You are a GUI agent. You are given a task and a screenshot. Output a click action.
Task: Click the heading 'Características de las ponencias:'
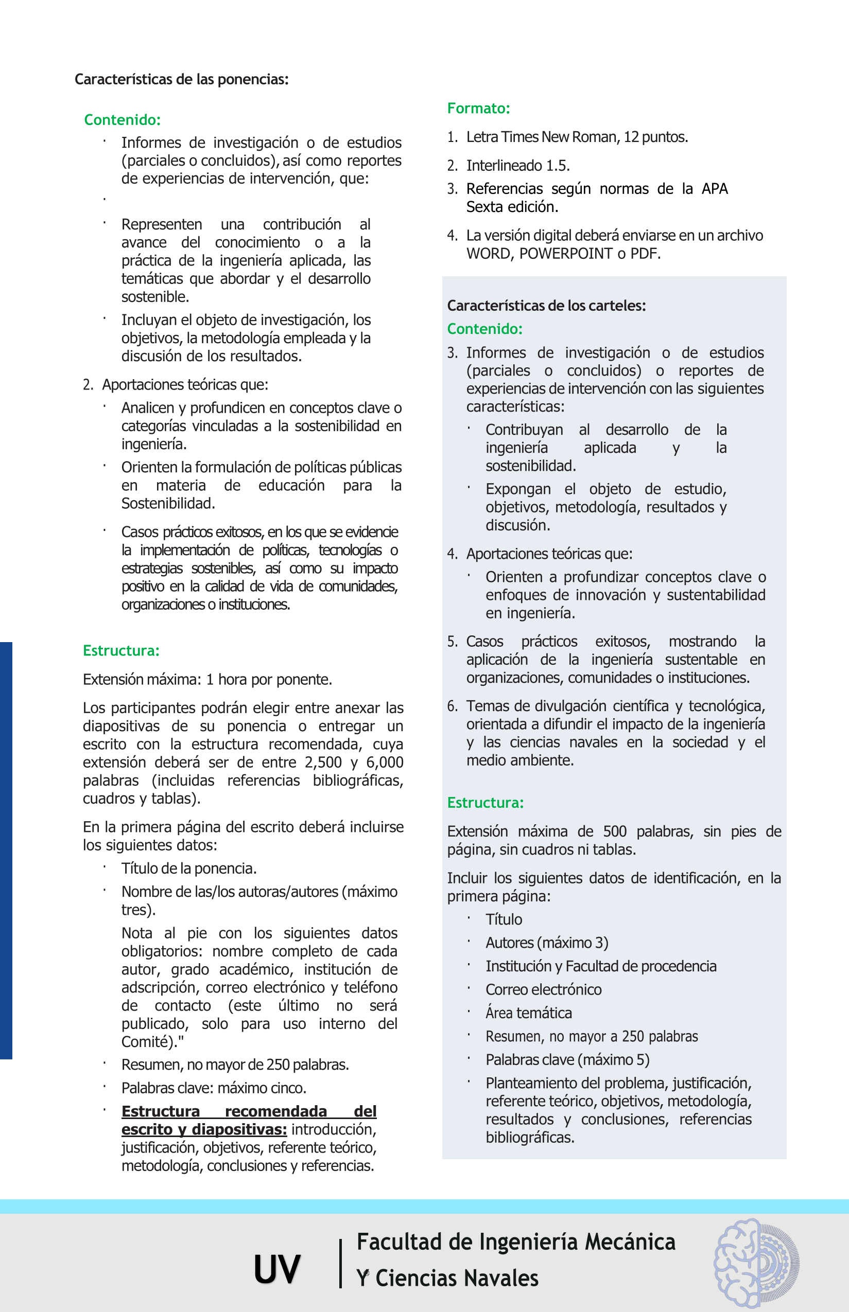181,79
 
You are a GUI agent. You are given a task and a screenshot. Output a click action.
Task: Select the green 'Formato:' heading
478,109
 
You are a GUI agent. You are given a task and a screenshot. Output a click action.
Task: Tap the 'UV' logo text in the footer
277,1269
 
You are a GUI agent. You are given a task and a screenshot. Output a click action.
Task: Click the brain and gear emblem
756,1263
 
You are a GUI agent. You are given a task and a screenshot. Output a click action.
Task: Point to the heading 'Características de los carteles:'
546,306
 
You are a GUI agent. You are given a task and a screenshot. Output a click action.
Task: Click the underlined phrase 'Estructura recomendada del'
249,1111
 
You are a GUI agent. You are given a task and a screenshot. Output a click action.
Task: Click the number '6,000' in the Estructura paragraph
384,763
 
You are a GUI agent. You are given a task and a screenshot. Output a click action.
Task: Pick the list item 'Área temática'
529,1013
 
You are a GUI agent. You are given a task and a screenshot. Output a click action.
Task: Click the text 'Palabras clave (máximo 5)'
567,1060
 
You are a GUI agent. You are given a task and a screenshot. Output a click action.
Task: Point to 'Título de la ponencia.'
189,868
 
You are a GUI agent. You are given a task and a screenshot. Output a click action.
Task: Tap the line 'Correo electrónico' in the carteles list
544,990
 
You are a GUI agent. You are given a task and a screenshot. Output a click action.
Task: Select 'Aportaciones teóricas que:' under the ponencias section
185,384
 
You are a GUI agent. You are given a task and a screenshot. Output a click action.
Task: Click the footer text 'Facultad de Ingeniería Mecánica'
516,1242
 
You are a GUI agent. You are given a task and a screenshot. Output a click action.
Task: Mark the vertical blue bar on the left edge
6,850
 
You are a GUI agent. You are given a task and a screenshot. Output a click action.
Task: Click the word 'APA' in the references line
715,189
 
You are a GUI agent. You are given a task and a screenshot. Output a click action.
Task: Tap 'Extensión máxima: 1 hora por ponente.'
207,680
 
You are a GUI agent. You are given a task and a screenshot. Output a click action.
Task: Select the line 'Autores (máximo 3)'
547,943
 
